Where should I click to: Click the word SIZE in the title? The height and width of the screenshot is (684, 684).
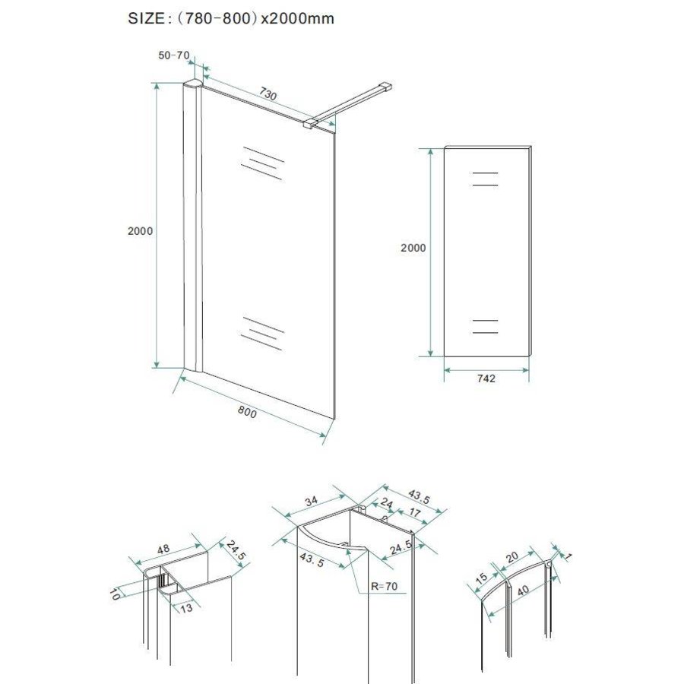pyautogui.click(x=144, y=19)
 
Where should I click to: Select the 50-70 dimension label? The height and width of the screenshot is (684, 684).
pyautogui.click(x=173, y=56)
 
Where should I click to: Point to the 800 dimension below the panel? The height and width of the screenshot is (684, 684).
pyautogui.click(x=246, y=412)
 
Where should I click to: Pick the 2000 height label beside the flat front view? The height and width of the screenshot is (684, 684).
pyautogui.click(x=413, y=248)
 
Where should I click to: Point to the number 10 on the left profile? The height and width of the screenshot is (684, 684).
pyautogui.click(x=115, y=593)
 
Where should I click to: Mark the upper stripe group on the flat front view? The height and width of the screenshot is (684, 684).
pyautogui.click(x=485, y=179)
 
